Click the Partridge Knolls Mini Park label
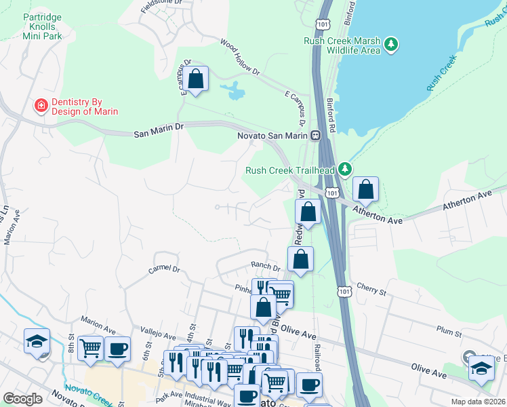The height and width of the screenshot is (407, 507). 42,26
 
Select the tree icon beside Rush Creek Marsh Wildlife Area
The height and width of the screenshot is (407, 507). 390,45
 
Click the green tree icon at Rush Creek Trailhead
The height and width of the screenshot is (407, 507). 346,168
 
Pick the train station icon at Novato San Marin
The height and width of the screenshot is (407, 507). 316,135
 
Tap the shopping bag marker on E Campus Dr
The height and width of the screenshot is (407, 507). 195,79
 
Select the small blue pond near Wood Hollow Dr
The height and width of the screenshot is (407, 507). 235,90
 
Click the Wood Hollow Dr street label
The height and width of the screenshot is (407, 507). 239,56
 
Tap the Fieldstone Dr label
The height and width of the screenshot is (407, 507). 161,3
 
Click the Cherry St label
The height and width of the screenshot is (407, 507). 371,290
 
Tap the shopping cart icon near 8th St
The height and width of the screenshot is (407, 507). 90,348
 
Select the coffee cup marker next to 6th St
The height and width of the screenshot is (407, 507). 118,349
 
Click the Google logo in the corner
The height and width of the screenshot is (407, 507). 22,399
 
